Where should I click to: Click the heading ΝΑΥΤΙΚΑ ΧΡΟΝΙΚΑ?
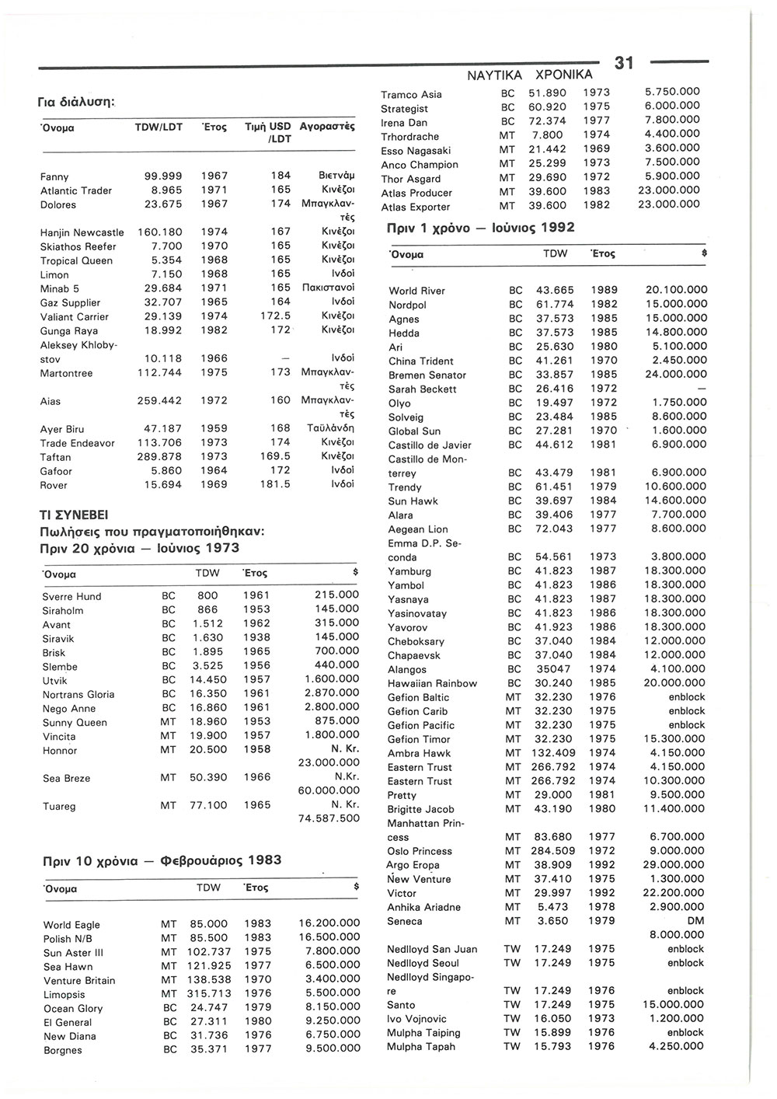pyautogui.click(x=529, y=75)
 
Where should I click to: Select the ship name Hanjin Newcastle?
pyautogui.click(x=82, y=232)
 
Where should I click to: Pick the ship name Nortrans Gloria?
pyautogui.click(x=78, y=695)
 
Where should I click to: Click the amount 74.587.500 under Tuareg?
pyautogui.click(x=329, y=818)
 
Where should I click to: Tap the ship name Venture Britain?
pyautogui.click(x=79, y=981)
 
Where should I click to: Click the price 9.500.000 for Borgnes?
pyautogui.click(x=329, y=1048)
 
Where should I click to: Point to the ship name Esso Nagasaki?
pyautogui.click(x=416, y=151)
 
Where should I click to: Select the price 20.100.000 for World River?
pyautogui.click(x=676, y=291)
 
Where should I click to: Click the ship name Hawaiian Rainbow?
pyautogui.click(x=432, y=684)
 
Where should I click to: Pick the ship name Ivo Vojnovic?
pyautogui.click(x=417, y=1019)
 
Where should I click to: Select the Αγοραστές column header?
pyautogui.click(x=326, y=126)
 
